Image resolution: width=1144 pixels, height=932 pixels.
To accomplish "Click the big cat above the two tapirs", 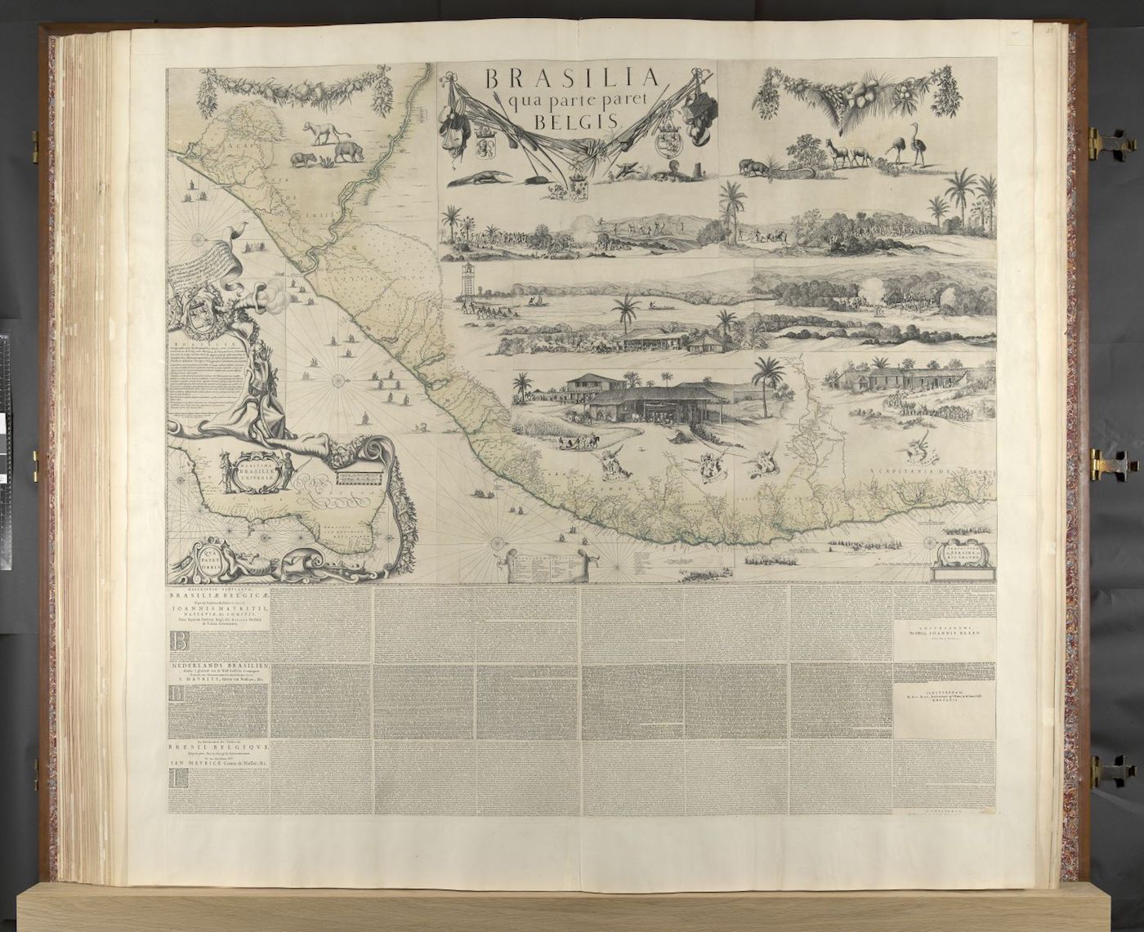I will coord(322,130).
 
